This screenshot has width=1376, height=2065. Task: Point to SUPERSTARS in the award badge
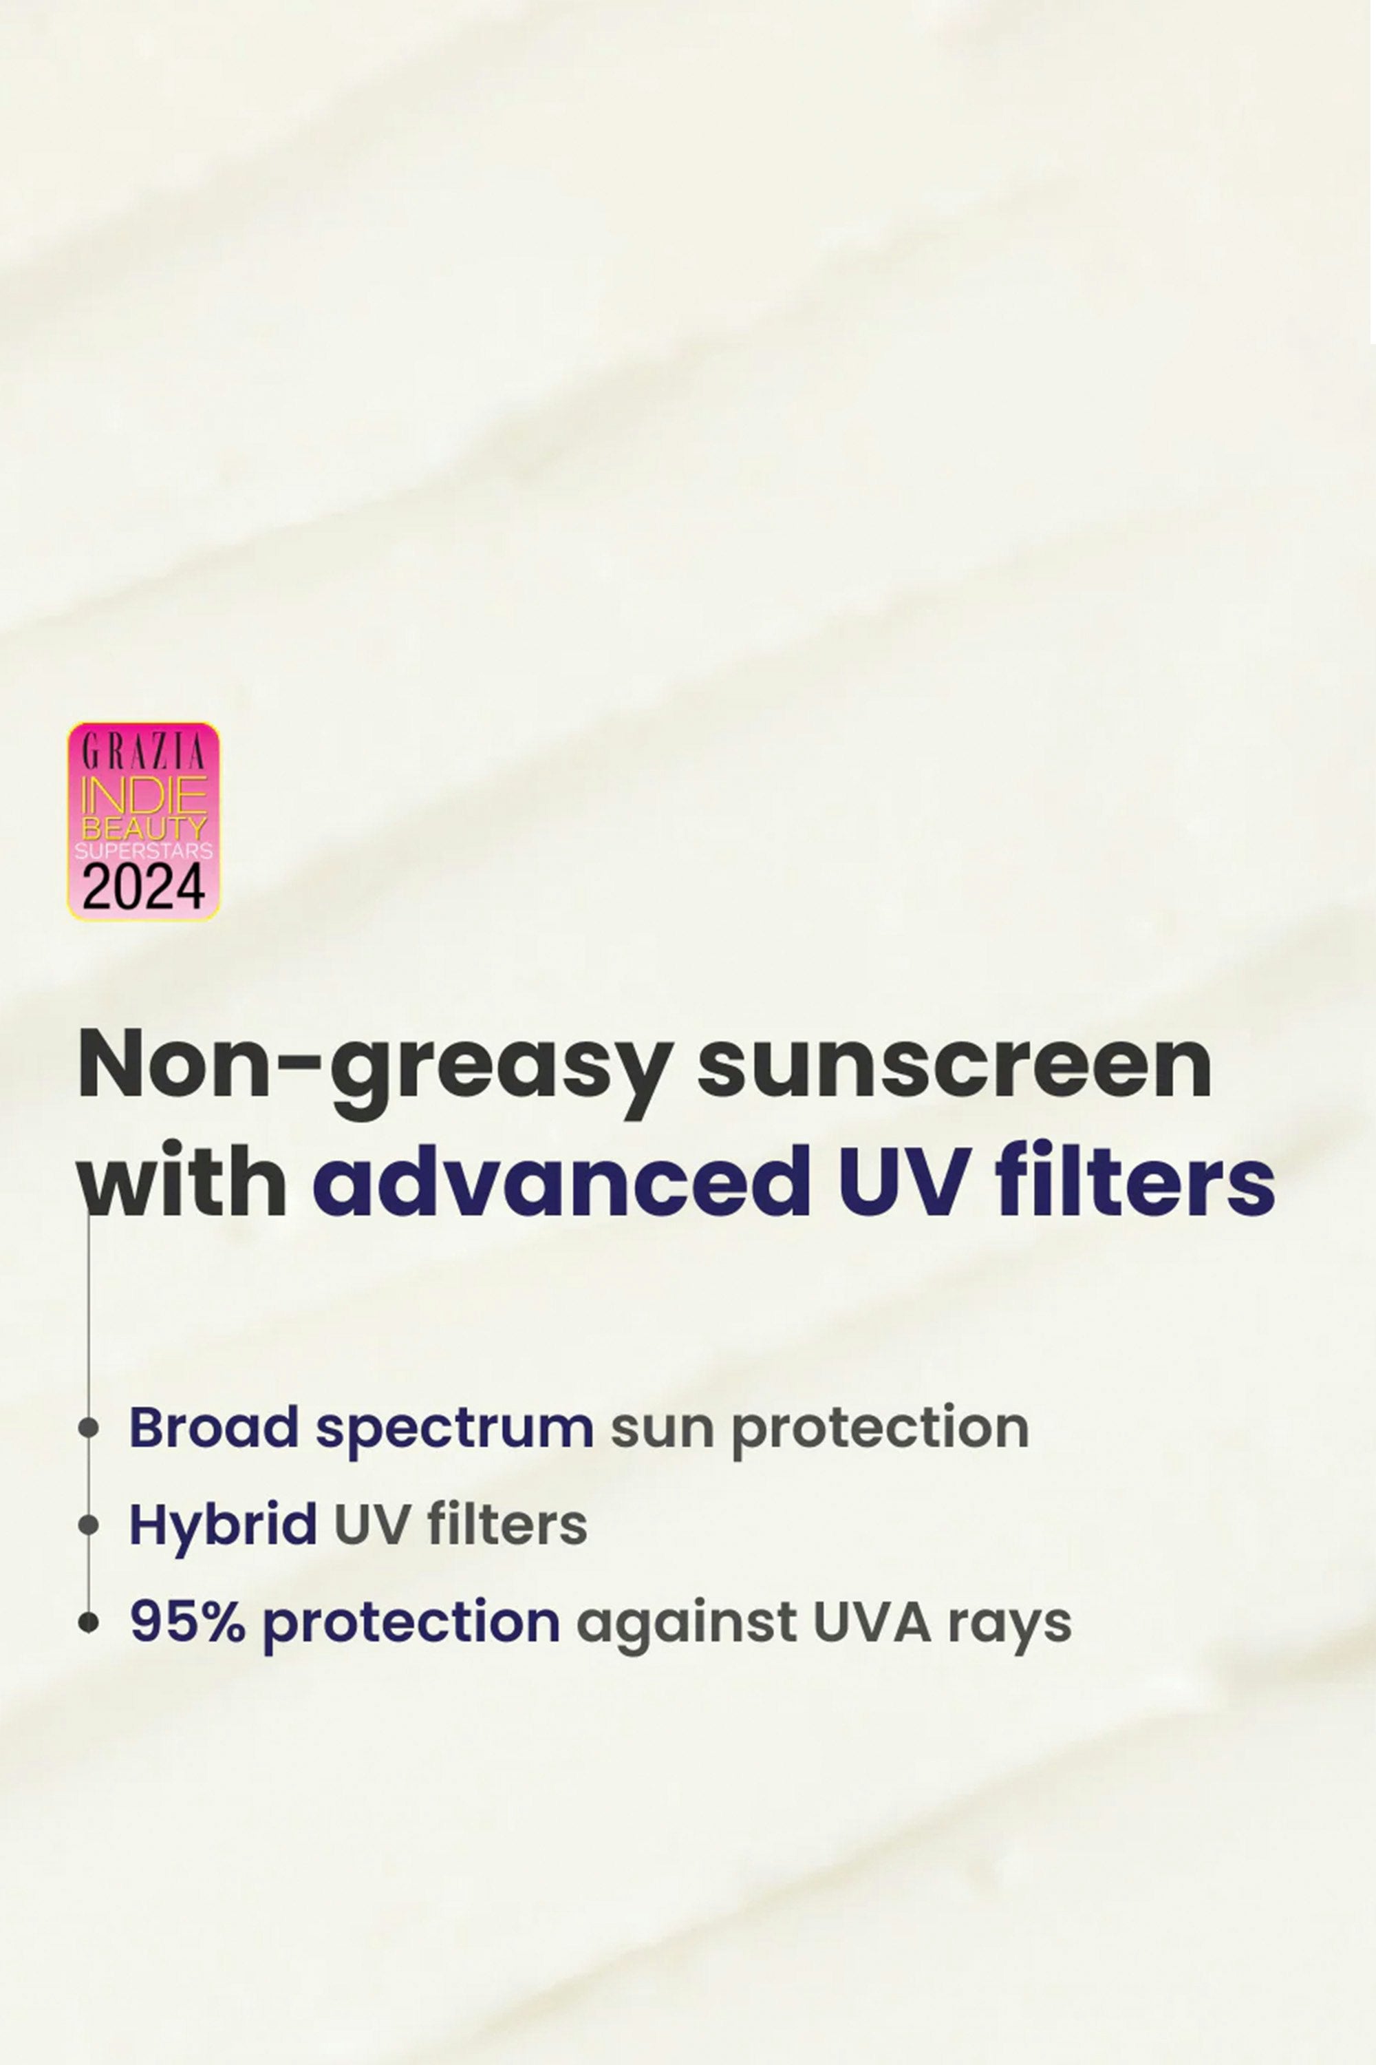tap(144, 851)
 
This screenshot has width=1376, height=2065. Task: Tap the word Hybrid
tap(224, 1526)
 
